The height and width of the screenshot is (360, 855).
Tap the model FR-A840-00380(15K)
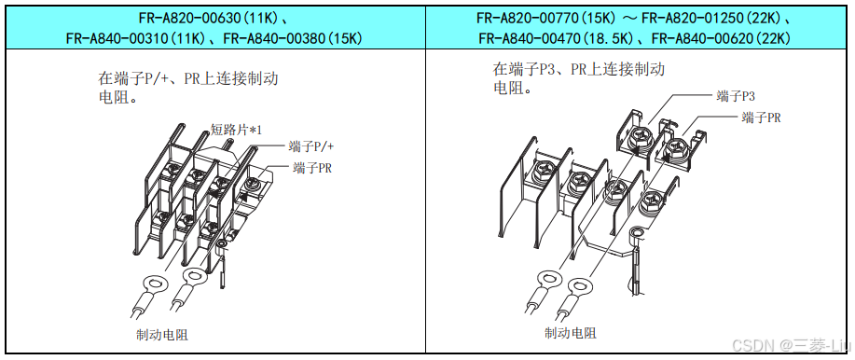click(294, 38)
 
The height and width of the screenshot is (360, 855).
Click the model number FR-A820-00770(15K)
click(547, 19)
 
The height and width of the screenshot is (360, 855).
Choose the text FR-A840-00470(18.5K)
click(554, 38)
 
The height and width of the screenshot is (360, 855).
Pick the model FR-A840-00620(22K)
click(722, 38)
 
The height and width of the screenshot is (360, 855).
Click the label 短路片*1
click(237, 130)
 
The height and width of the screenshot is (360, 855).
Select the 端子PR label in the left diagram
click(312, 168)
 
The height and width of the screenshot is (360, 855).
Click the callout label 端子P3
click(736, 97)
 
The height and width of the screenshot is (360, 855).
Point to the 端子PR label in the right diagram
click(761, 118)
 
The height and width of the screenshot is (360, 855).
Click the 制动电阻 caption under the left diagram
click(162, 334)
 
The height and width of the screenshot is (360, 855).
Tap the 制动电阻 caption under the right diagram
click(571, 332)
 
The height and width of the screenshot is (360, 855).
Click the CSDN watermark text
click(791, 345)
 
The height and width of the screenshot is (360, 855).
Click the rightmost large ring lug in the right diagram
click(580, 287)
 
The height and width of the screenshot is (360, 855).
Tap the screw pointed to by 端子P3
click(640, 139)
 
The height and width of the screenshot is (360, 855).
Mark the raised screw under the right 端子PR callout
click(675, 147)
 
